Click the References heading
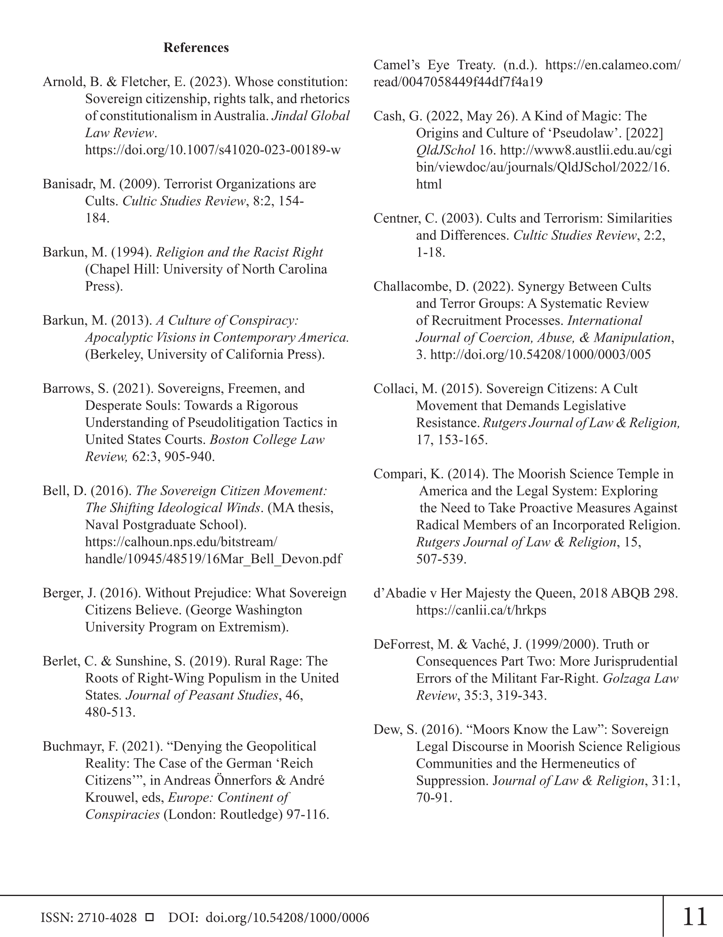tap(196, 47)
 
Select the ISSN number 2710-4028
tap(107, 918)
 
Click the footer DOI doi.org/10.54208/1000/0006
tap(287, 918)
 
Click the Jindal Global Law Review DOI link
tap(213, 150)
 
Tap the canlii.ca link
tap(481, 610)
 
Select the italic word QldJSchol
tap(445, 150)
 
